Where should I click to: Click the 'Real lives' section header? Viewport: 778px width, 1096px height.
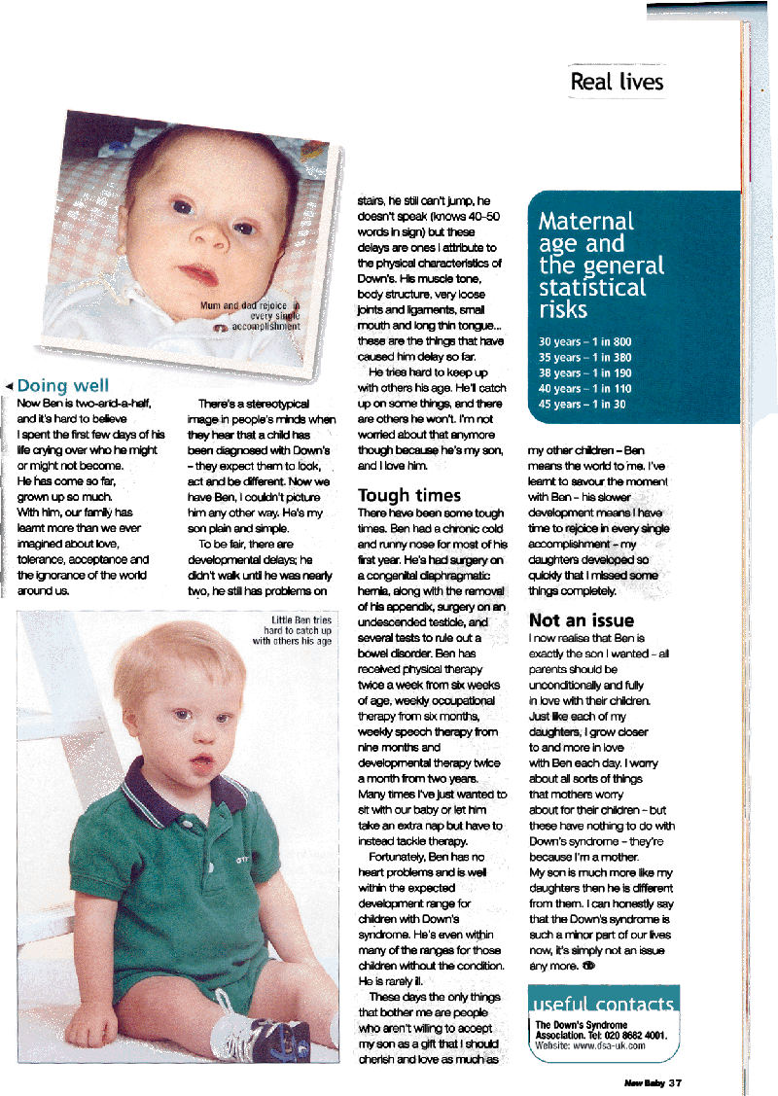617,82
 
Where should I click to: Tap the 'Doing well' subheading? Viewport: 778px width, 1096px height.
63,386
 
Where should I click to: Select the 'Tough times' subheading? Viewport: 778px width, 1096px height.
409,496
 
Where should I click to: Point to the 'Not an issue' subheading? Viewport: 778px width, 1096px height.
581,619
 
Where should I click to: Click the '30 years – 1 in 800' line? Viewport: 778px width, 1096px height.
584,341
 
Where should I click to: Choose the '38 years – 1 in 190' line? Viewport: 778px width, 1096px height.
584,372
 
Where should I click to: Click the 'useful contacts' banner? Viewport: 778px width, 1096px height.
602,1004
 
